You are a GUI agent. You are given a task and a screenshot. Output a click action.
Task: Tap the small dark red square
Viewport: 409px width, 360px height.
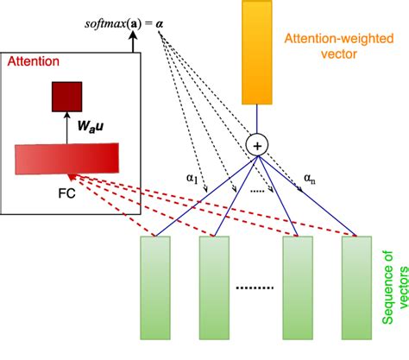(67, 98)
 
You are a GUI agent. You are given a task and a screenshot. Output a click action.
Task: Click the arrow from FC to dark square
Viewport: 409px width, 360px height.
(66, 129)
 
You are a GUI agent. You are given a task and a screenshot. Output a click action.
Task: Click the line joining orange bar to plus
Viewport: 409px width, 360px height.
(256, 122)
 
